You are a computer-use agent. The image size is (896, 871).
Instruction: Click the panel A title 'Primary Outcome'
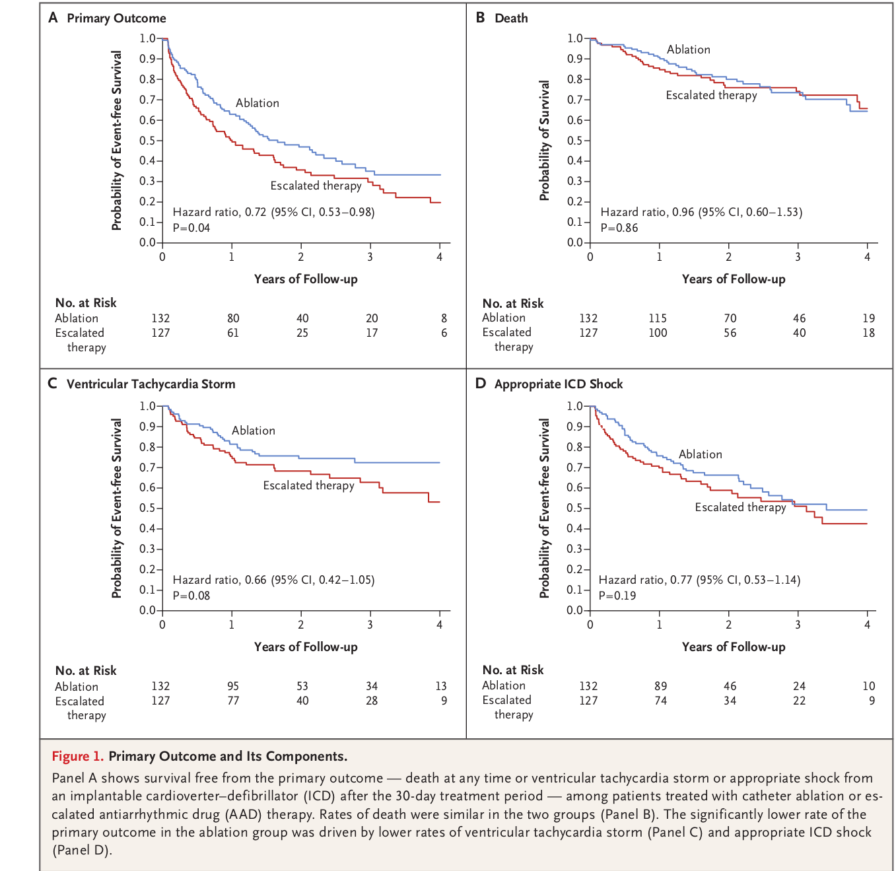click(x=116, y=18)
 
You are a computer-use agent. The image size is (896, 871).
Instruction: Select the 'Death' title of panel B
click(x=511, y=18)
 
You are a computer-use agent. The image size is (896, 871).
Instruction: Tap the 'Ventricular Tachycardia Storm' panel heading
click(x=151, y=384)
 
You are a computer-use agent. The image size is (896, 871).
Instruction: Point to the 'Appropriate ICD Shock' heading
click(x=558, y=384)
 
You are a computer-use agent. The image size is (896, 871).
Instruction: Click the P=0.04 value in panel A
click(x=191, y=228)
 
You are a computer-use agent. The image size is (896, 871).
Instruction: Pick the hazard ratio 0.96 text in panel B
click(x=701, y=212)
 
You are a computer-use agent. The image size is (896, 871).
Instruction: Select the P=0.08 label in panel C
click(x=191, y=596)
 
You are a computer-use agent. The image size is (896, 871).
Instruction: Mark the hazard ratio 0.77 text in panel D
click(x=699, y=580)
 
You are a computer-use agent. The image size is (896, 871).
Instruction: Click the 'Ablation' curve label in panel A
click(x=258, y=103)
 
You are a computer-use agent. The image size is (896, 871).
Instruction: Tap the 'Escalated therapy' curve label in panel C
click(x=308, y=485)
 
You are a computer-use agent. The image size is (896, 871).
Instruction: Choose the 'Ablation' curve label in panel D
click(x=700, y=454)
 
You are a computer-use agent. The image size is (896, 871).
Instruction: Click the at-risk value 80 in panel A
click(x=233, y=318)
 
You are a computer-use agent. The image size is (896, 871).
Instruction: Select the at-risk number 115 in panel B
click(x=658, y=318)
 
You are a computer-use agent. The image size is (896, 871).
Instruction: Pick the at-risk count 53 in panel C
click(x=302, y=686)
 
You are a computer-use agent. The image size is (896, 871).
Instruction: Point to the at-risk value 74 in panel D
click(x=660, y=701)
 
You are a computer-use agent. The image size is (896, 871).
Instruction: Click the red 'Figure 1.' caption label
click(x=77, y=756)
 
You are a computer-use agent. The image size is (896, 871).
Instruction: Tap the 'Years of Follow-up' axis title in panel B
click(x=734, y=279)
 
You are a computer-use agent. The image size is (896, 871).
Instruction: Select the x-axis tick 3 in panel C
click(x=370, y=625)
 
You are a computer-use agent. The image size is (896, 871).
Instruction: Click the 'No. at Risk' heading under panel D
click(x=513, y=670)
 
